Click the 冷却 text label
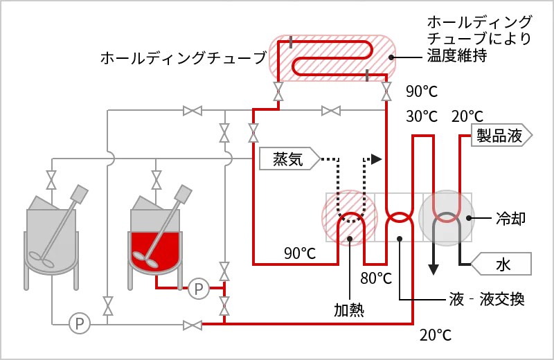point(511,219)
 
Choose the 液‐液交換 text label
point(487,300)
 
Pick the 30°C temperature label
point(421,116)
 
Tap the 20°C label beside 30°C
point(467,116)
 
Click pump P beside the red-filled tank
point(199,288)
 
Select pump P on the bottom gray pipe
point(80,323)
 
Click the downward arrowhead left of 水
point(434,269)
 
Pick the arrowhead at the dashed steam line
point(378,159)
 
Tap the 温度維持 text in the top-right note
point(458,57)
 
